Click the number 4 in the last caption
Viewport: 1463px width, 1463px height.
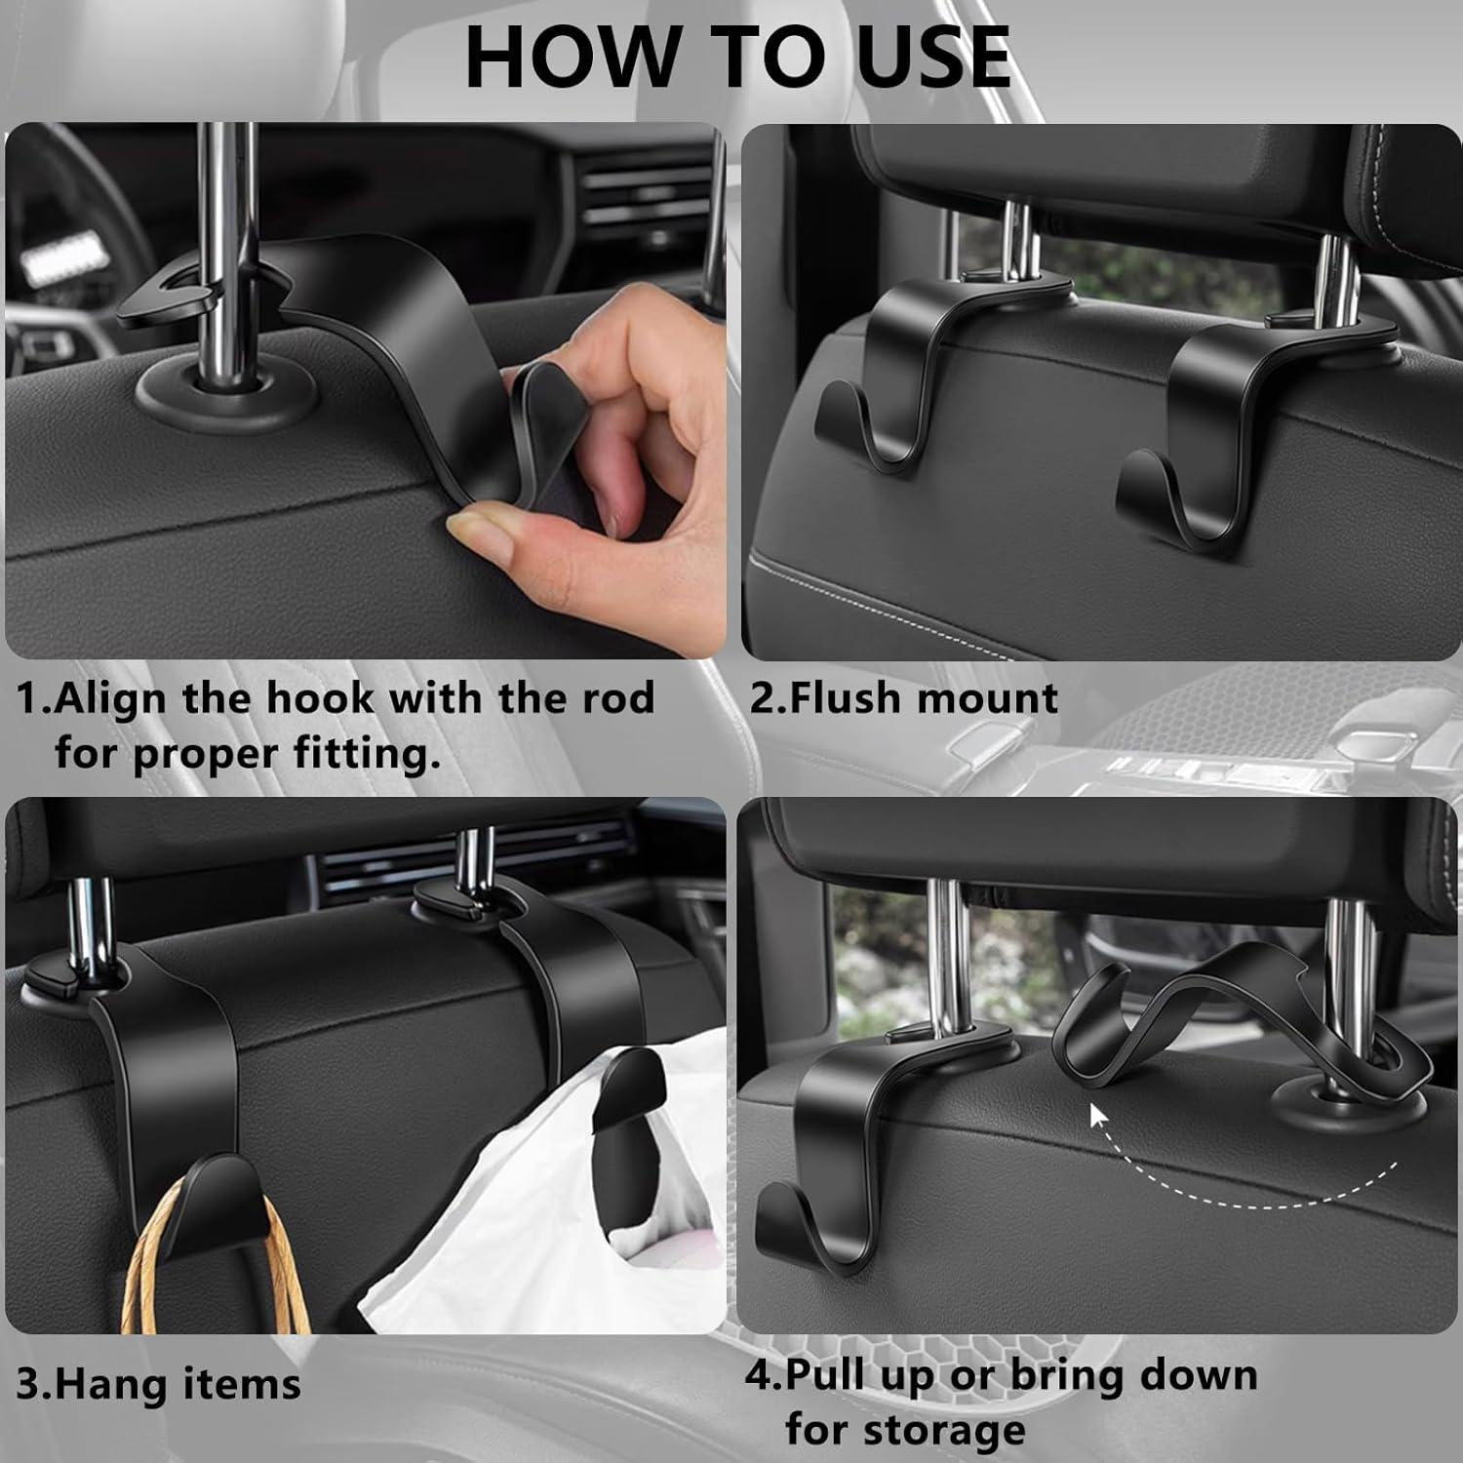[x=759, y=1375]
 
